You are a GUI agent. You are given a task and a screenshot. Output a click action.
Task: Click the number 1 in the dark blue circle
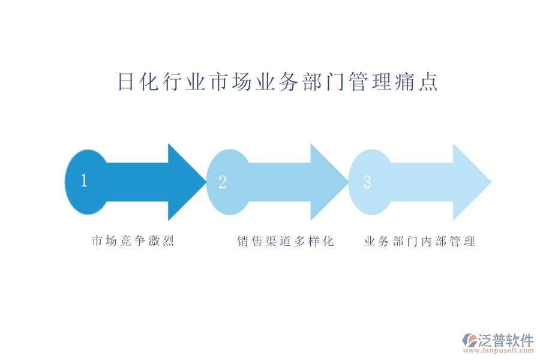click(84, 181)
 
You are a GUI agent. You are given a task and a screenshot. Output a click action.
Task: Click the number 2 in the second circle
click(223, 182)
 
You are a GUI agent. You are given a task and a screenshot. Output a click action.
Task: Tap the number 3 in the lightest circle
click(367, 182)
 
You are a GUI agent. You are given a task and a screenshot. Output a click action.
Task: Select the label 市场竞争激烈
click(133, 241)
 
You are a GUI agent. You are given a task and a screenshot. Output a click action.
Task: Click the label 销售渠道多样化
click(286, 241)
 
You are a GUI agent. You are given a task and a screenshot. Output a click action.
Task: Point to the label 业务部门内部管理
click(419, 241)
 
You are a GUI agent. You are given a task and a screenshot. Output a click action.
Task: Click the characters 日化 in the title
click(139, 82)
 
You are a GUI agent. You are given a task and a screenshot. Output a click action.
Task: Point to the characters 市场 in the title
click(231, 82)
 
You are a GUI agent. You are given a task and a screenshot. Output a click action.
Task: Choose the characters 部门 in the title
click(324, 82)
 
